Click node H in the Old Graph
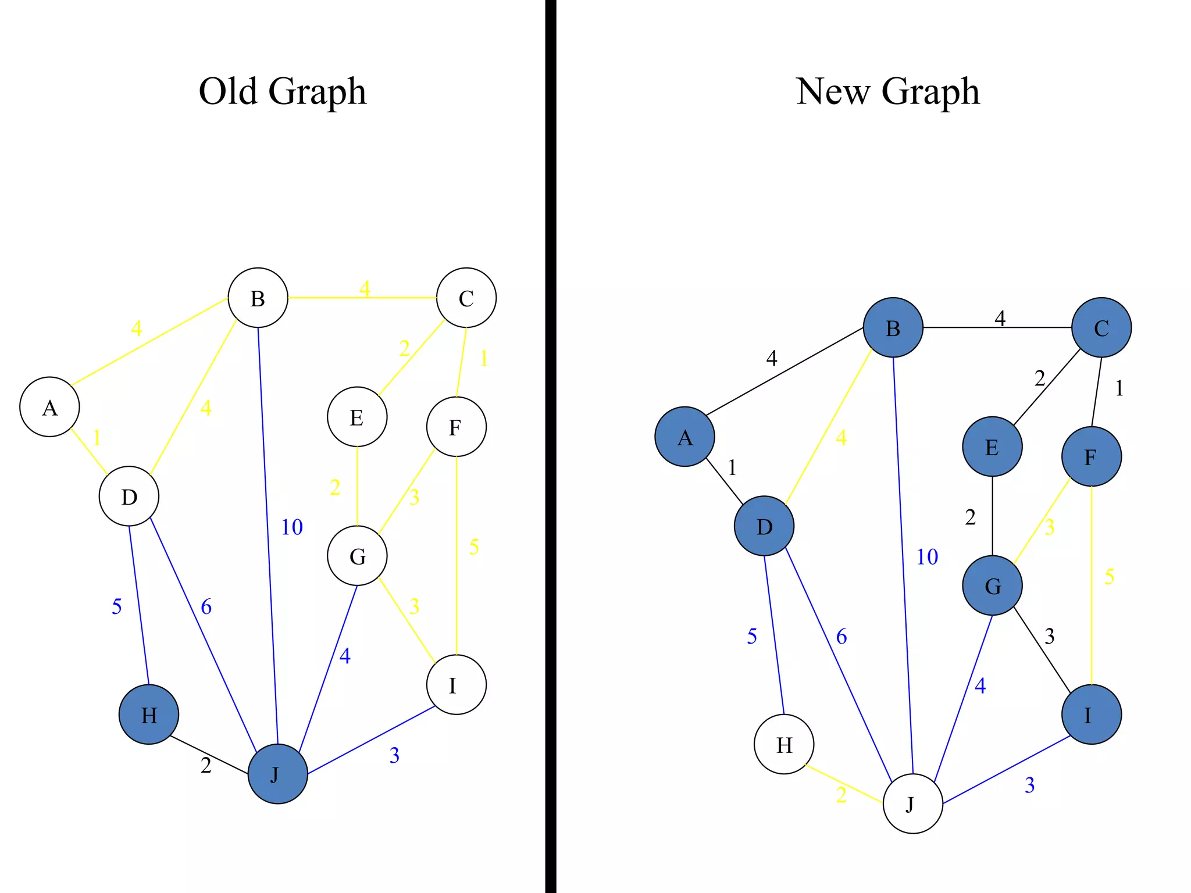tap(149, 715)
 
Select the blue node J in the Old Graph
tap(277, 774)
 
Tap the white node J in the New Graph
tap(912, 803)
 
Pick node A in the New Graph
tap(684, 437)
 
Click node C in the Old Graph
tap(466, 298)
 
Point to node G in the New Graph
tap(992, 585)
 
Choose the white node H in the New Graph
tap(783, 744)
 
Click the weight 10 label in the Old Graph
tap(292, 527)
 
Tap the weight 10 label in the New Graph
tap(927, 557)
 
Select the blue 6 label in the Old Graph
tap(206, 607)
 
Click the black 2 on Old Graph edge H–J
tap(206, 766)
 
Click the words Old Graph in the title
tap(283, 91)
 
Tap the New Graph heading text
tap(887, 91)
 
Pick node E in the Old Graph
tap(357, 417)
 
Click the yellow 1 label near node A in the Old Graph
tap(97, 438)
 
